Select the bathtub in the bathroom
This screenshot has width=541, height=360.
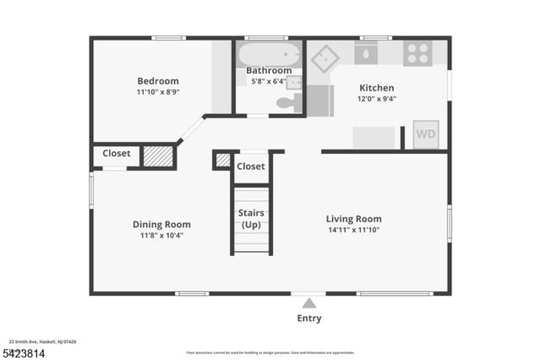click(x=268, y=55)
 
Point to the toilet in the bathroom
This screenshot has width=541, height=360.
click(x=287, y=103)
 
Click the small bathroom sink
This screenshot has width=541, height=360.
click(x=294, y=82)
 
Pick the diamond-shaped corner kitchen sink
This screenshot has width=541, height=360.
click(x=325, y=58)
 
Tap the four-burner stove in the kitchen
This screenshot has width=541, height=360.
click(x=418, y=53)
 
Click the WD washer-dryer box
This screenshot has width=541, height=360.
click(x=426, y=134)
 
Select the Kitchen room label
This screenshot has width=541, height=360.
click(x=377, y=88)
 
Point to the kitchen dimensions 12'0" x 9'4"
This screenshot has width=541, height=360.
click(x=377, y=98)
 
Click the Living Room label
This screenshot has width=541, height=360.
click(x=354, y=219)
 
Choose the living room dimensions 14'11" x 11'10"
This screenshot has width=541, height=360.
click(x=354, y=230)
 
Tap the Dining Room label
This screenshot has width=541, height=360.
click(x=161, y=224)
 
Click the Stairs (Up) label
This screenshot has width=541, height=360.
click(x=251, y=219)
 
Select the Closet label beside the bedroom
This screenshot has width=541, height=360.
click(x=117, y=154)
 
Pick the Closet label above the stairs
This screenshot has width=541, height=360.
click(x=251, y=166)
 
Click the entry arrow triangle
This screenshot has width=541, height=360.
click(x=309, y=303)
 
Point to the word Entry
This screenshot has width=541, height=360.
click(x=309, y=319)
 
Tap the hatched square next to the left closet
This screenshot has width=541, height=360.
click(x=157, y=156)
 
